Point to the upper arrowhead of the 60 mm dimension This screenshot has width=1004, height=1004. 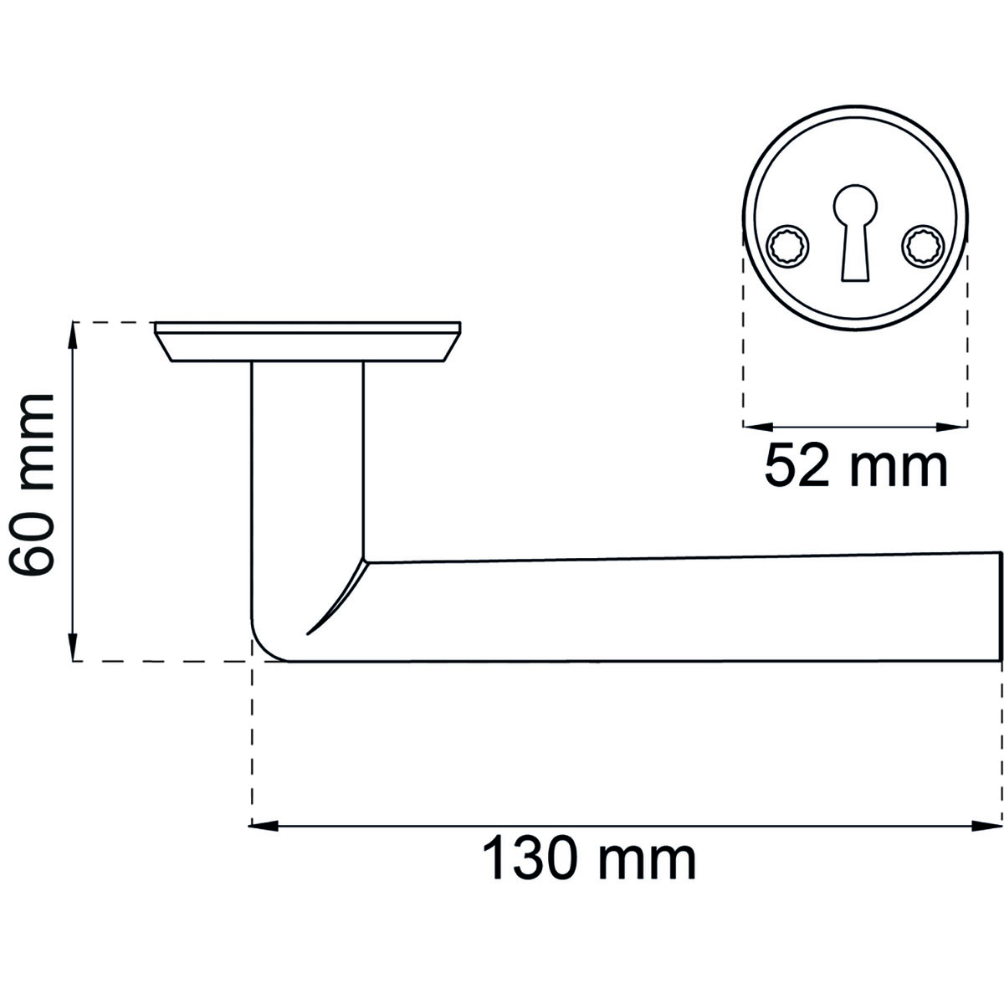[x=73, y=336]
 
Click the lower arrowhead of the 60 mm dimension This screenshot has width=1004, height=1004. [x=73, y=648]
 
